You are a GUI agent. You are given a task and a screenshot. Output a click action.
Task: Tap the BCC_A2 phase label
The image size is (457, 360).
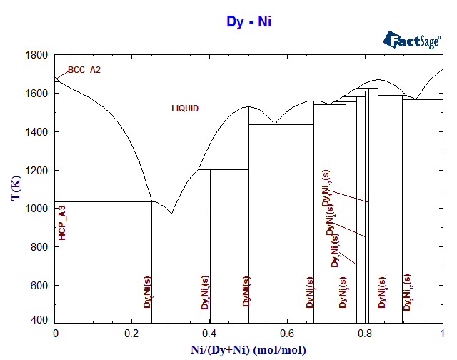84,70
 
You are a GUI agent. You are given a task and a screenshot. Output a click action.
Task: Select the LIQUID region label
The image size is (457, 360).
185,109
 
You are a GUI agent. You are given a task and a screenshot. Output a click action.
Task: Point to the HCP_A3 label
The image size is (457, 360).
63,221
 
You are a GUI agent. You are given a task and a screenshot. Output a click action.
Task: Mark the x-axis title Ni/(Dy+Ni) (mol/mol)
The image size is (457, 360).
248,349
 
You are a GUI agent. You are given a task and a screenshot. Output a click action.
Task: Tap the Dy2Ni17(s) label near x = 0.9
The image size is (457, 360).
408,293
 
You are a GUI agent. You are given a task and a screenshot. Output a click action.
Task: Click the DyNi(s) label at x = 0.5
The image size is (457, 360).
246,291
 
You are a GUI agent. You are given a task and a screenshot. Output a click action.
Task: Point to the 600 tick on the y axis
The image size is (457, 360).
40,286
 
